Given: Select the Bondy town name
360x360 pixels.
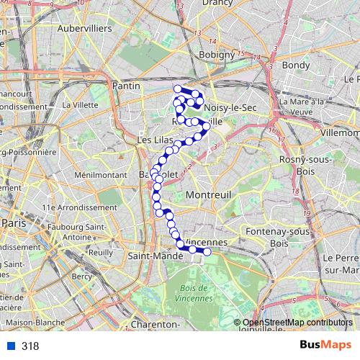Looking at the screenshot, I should (296, 65).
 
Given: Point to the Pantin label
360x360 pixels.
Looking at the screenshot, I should (126, 86).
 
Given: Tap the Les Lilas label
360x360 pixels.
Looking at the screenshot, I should (153, 139).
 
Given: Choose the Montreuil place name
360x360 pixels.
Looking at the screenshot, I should (207, 195).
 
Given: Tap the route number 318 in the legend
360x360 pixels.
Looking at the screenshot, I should (30, 346).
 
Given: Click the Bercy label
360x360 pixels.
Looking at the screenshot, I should (83, 276).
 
